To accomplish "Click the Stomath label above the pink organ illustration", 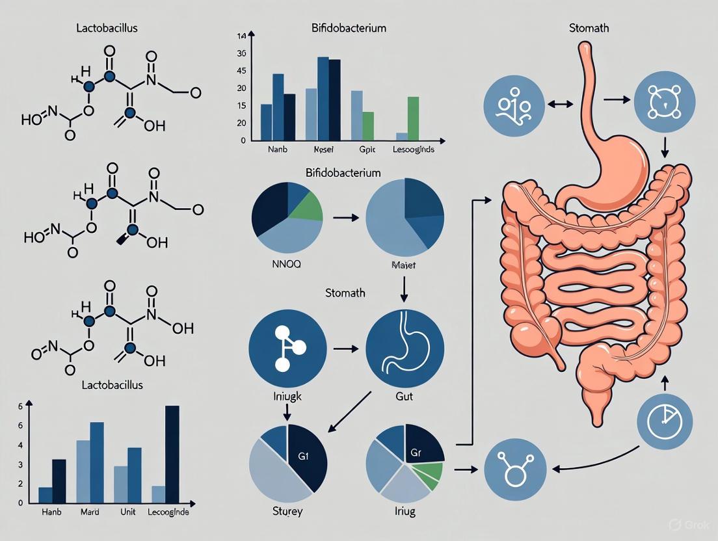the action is click(588, 28).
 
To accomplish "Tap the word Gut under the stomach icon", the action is click(405, 395).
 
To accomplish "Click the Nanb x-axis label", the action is click(277, 149).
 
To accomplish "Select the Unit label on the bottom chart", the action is click(127, 512).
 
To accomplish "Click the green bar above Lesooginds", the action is click(413, 118).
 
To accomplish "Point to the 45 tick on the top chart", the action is click(242, 71).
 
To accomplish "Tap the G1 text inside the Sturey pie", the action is click(302, 456).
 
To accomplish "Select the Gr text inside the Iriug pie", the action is click(417, 453).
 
